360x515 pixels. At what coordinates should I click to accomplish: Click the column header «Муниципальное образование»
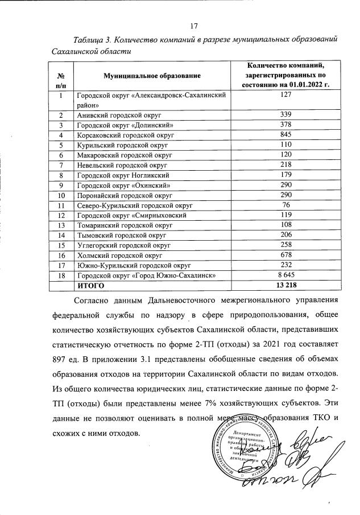pos(152,76)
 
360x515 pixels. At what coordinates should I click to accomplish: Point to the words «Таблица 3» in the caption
pos(93,40)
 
